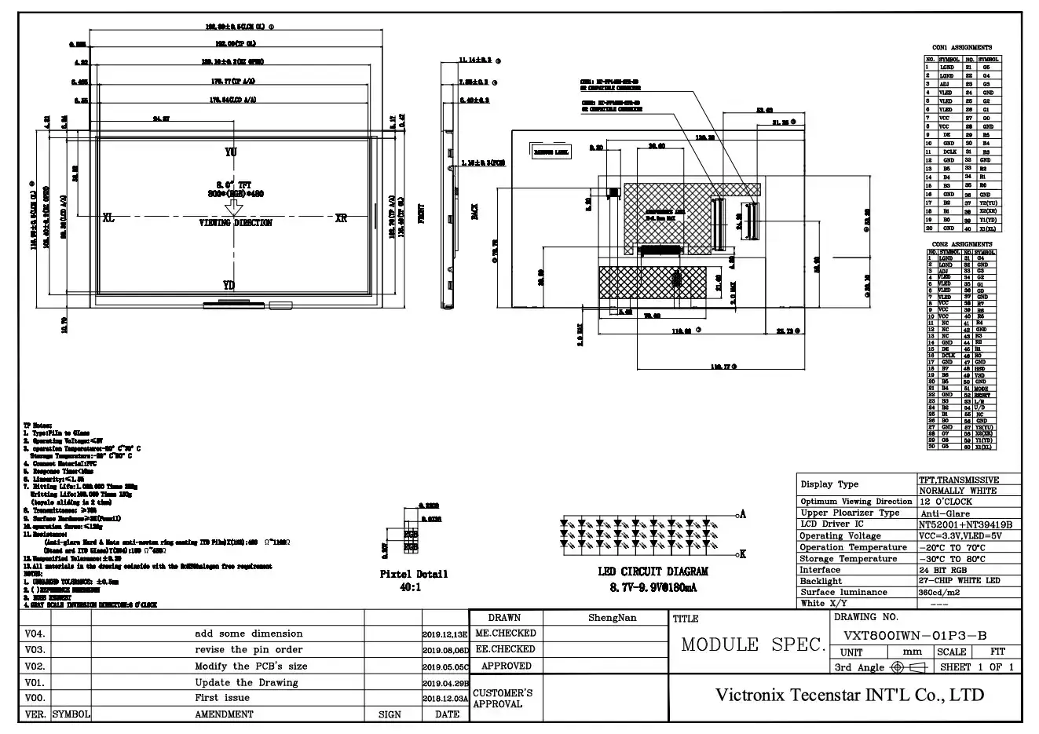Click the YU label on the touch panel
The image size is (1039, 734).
click(230, 152)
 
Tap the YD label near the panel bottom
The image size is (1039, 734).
click(229, 285)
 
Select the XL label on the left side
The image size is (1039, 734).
click(108, 218)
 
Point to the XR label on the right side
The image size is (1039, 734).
click(340, 218)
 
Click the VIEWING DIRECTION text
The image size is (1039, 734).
click(235, 223)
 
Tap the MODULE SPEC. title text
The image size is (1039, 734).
click(753, 645)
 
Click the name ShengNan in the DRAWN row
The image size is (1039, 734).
click(613, 618)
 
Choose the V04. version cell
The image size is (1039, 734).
click(35, 634)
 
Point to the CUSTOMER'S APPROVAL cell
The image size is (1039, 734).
click(503, 699)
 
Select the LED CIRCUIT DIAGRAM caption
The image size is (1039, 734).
click(653, 571)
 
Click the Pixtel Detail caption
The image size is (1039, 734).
click(413, 574)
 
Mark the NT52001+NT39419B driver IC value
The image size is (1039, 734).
click(965, 524)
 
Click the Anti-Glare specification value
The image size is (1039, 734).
click(946, 513)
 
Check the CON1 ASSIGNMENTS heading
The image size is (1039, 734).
click(961, 48)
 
